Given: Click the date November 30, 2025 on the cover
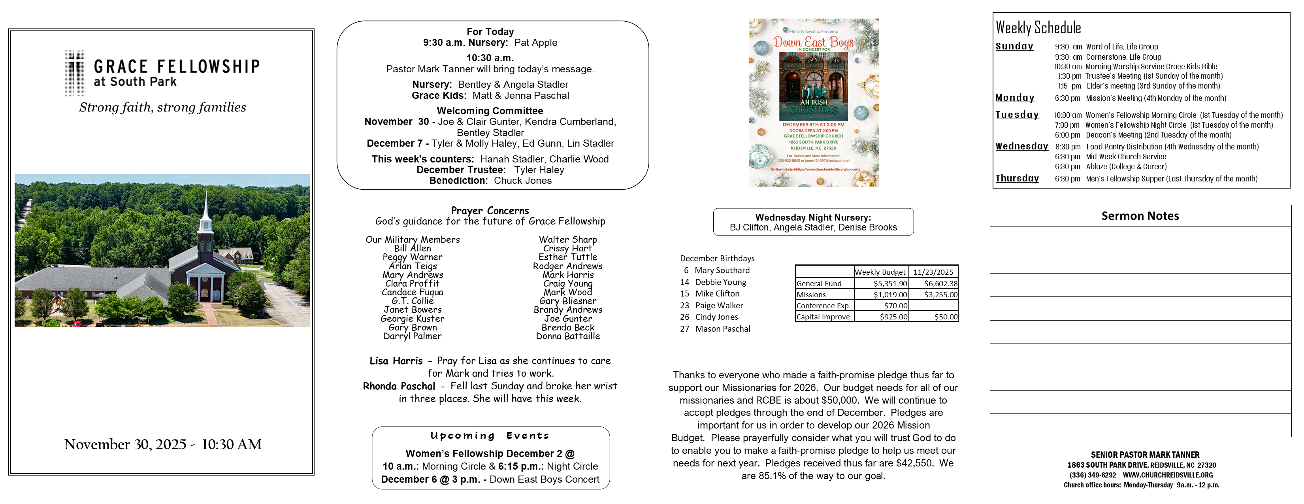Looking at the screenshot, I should click(125, 444).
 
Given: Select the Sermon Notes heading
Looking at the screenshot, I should click(1140, 216).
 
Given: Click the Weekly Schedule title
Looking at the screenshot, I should click(1038, 28).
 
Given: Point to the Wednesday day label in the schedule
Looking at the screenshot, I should click(1021, 146).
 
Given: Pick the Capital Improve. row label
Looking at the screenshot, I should click(824, 317).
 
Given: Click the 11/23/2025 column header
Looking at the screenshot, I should click(933, 272).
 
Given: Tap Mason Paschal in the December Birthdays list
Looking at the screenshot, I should click(722, 329).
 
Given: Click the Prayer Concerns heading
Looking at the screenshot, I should click(490, 211).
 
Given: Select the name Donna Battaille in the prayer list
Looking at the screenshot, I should click(567, 336).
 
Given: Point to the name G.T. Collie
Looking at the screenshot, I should click(412, 301).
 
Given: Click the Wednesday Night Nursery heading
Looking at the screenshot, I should click(812, 217).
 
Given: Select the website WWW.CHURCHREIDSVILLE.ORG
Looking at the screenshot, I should click(1167, 475).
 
